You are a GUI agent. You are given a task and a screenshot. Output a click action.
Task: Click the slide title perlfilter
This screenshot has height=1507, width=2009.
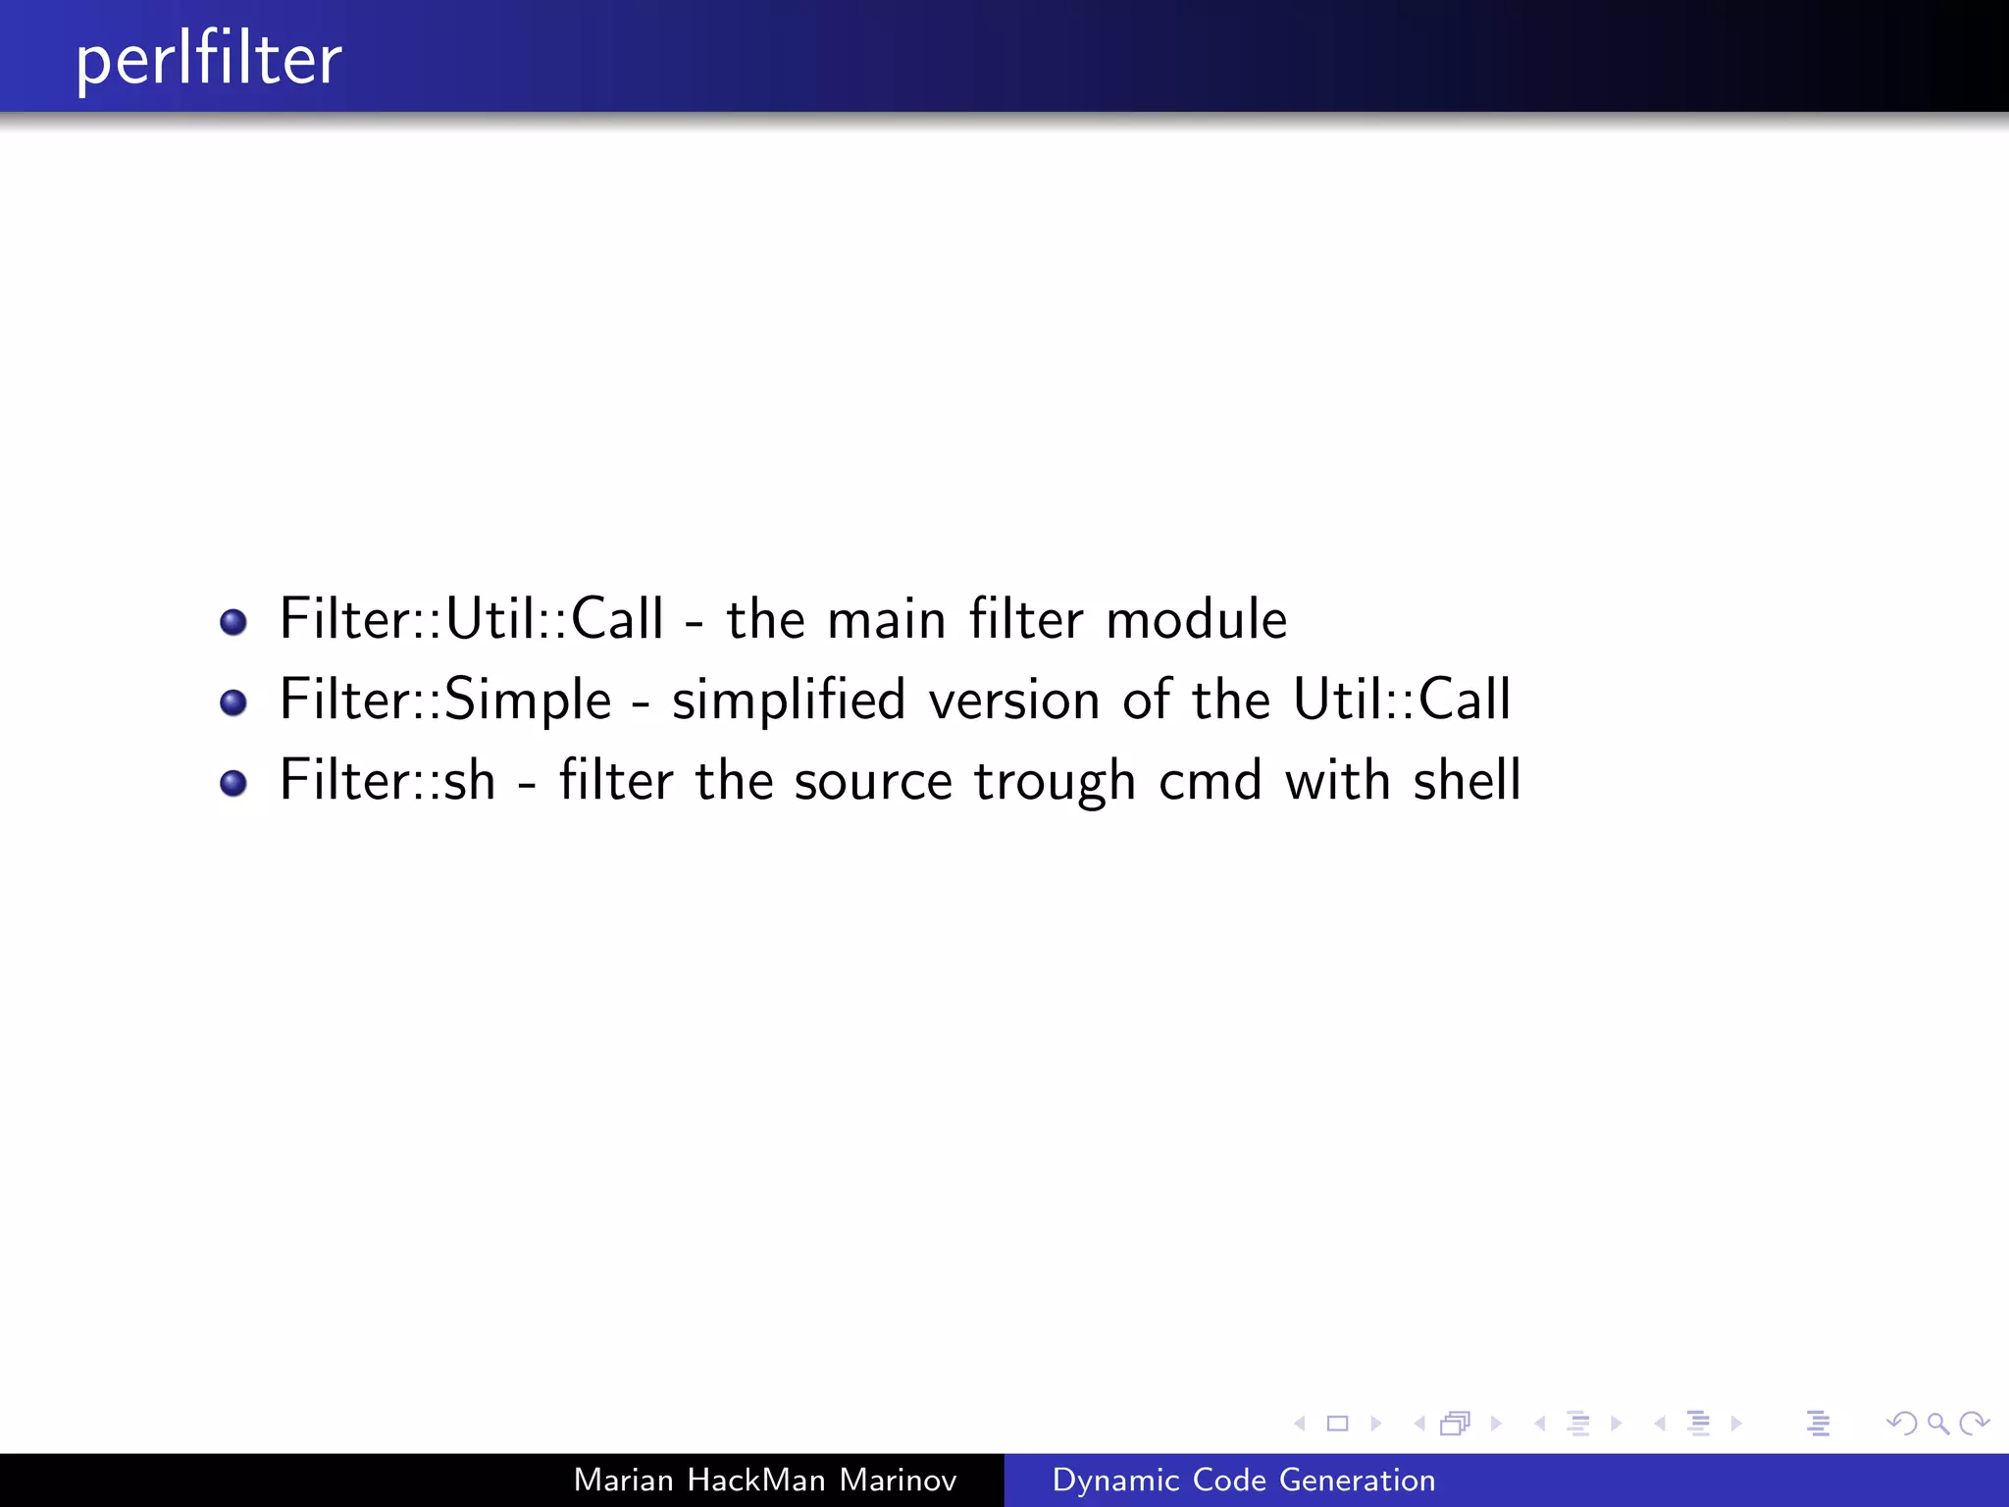(209, 60)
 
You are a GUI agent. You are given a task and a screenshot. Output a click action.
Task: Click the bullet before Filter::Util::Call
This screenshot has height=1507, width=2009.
(233, 622)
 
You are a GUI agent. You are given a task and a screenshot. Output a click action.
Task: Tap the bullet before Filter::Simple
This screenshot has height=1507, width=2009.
(233, 702)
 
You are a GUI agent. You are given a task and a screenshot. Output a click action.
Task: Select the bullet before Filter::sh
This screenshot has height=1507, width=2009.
(233, 783)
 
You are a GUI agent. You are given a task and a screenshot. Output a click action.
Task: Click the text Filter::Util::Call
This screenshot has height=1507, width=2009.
(472, 619)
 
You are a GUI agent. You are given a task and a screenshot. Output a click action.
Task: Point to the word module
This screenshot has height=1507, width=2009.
(1196, 619)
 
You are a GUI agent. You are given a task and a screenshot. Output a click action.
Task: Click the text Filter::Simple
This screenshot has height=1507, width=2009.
(445, 700)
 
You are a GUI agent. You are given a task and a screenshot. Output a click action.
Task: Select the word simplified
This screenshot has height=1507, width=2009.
(788, 700)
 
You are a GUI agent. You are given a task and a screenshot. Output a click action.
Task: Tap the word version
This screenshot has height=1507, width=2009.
(1014, 700)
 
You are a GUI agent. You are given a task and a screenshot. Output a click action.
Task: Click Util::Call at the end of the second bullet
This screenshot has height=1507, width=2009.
(1401, 700)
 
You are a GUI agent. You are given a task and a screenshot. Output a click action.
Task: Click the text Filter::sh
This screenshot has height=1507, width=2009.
(387, 781)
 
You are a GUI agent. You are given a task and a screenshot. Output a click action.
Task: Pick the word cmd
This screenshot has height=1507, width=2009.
(1210, 781)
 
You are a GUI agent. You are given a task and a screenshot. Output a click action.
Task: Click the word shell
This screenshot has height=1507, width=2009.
(1467, 781)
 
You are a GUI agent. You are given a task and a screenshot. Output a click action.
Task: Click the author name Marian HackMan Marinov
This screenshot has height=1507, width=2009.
(764, 1480)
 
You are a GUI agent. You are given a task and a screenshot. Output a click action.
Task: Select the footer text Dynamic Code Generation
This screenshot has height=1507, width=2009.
(1243, 1480)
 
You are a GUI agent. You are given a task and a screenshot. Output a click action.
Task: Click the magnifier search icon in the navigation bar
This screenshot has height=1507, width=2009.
(1937, 1423)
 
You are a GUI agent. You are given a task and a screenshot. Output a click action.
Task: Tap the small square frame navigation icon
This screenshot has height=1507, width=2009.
(1337, 1423)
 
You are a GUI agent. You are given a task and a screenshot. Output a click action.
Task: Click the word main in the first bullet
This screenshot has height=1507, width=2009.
(886, 619)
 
